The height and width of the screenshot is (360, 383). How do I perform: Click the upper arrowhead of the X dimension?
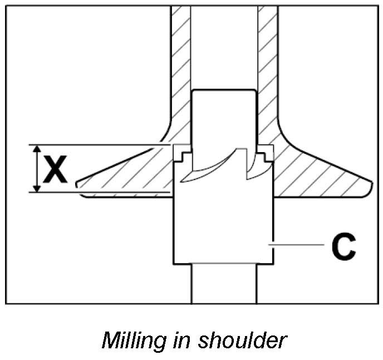37,149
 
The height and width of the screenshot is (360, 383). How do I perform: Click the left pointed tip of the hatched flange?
77,182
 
